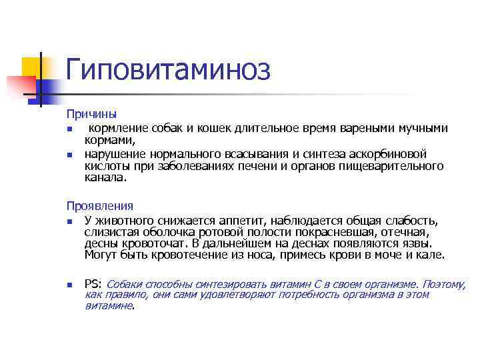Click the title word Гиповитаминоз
[167, 69]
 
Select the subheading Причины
[91, 115]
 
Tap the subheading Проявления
[100, 207]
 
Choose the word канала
[105, 178]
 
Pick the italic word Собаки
[125, 284]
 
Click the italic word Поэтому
[443, 284]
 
